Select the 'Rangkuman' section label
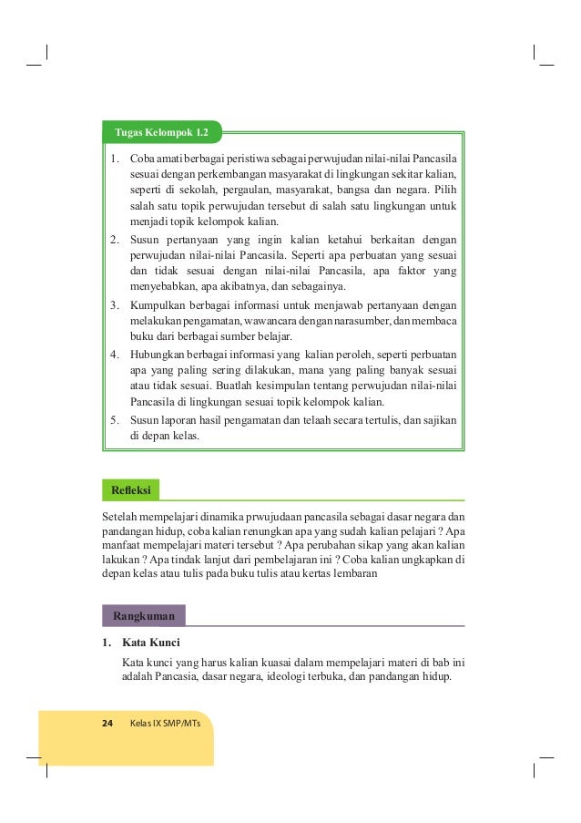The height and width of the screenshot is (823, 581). point(144,616)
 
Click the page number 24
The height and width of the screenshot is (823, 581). point(107,723)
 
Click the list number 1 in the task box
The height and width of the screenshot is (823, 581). point(115,158)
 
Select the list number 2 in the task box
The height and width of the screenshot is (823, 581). point(115,240)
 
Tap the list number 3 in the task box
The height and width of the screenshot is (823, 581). point(115,305)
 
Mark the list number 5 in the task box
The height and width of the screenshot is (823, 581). point(115,420)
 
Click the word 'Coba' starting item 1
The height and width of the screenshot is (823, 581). point(143,158)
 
